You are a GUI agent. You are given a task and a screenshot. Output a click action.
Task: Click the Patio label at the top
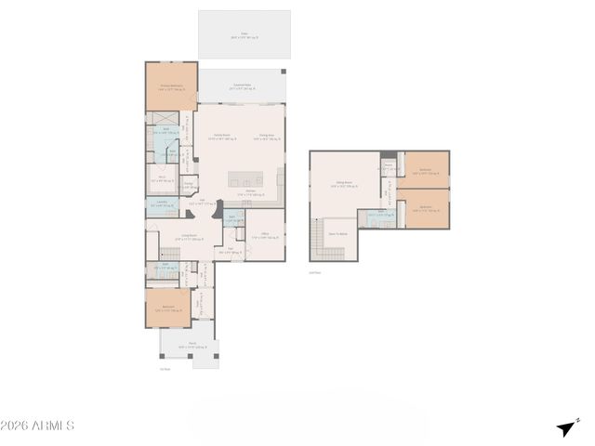245,36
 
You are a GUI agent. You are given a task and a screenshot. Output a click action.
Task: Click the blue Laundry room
161,205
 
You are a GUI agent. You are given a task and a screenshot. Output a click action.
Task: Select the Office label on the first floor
265,235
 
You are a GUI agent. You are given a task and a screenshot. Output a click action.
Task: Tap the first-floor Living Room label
189,238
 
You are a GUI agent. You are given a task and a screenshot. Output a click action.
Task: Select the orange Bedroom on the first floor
168,308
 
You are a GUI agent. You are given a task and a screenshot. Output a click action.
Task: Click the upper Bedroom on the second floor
425,171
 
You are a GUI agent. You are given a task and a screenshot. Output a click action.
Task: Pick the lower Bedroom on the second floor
425,208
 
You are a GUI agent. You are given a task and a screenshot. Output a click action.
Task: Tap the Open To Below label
337,233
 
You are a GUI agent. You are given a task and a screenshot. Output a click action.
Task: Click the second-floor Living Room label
342,184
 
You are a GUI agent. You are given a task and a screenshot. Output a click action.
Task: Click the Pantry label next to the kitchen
188,185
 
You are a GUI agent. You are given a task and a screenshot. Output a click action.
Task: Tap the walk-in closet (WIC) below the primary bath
161,178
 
